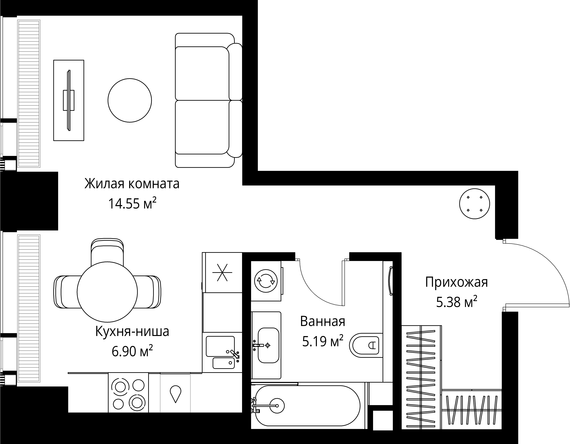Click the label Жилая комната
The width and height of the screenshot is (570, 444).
coord(132,184)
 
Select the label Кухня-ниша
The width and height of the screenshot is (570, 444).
coord(132,332)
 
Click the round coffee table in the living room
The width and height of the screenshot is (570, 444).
coord(130,100)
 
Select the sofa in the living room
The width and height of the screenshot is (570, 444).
coord(206,100)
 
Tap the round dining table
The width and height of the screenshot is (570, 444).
coord(107,292)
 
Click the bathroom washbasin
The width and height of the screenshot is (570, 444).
coord(268,345)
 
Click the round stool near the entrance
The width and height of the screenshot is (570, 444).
coord(475,204)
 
